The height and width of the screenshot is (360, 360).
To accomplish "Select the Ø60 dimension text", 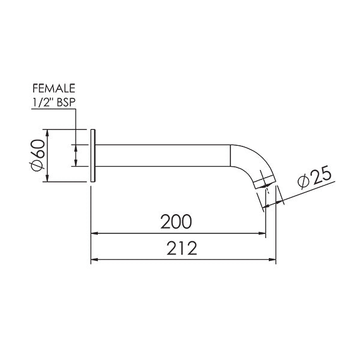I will [x=37, y=155].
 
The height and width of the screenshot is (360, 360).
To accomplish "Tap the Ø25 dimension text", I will [x=313, y=178].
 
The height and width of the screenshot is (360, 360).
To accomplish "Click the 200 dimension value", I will [x=176, y=221].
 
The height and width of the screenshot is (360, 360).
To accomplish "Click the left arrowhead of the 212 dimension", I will [x=94, y=260].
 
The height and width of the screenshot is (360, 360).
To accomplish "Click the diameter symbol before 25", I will [x=303, y=181].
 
